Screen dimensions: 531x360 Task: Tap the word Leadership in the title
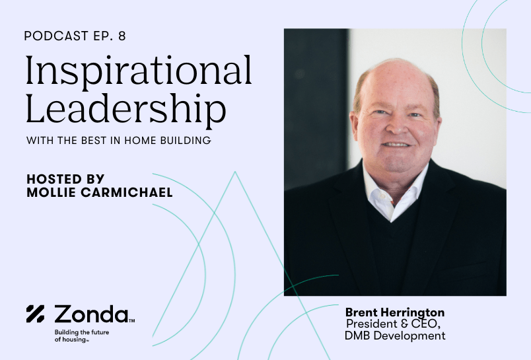(126, 109)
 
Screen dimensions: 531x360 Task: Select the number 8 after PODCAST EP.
(122, 36)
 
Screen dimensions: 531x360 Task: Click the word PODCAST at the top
(56, 36)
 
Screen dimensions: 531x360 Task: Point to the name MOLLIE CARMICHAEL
(100, 192)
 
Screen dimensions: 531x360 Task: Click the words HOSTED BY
(65, 179)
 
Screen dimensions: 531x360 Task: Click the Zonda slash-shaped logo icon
(35, 314)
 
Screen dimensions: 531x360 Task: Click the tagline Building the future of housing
(82, 336)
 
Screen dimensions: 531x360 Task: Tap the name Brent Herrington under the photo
(395, 312)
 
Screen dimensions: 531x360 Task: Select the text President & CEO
(393, 324)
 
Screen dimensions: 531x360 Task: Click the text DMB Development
(395, 336)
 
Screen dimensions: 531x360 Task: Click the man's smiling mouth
(396, 145)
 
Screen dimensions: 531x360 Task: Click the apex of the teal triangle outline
(235, 172)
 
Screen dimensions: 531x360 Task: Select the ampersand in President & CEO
(404, 324)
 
